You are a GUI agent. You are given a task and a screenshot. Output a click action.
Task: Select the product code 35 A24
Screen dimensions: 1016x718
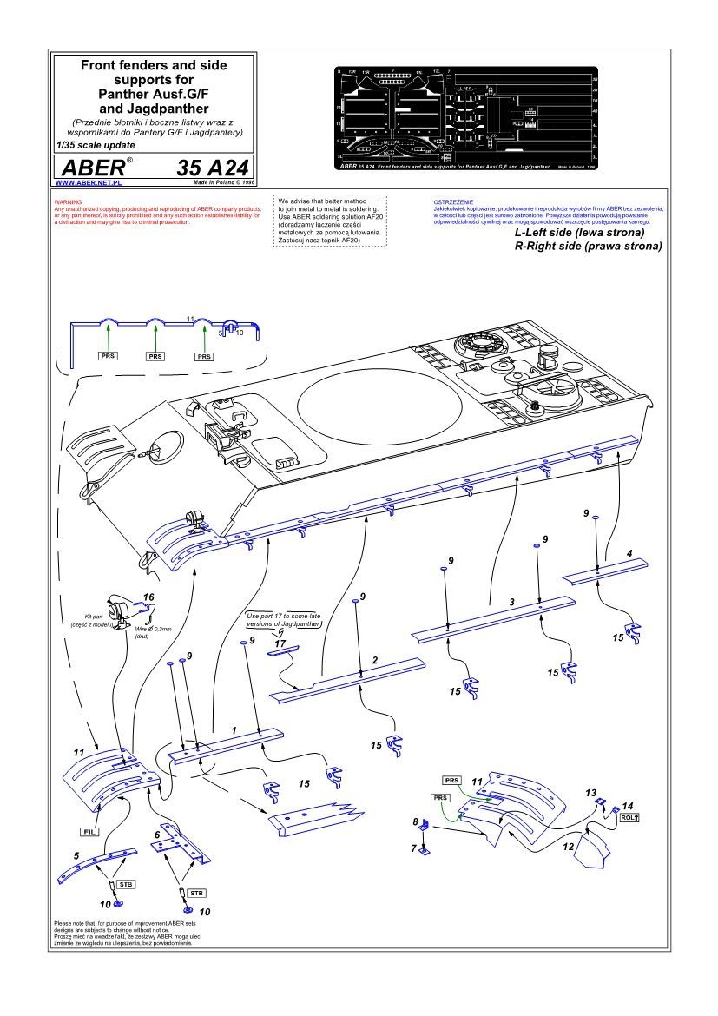coord(214,168)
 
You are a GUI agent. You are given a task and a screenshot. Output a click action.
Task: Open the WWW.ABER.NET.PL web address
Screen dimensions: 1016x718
coord(87,184)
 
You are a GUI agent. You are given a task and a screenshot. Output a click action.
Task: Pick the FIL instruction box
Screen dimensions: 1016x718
coord(89,831)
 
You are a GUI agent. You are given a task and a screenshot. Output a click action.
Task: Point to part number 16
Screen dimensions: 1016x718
coord(148,597)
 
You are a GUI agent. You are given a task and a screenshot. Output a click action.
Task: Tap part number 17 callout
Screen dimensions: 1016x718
coord(280,643)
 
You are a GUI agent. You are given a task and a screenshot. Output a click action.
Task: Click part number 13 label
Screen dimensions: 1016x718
coord(591,792)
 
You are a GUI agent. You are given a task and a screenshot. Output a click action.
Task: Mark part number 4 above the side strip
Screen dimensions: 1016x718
coord(629,552)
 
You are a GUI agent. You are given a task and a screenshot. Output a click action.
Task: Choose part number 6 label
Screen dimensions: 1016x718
coord(157,834)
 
